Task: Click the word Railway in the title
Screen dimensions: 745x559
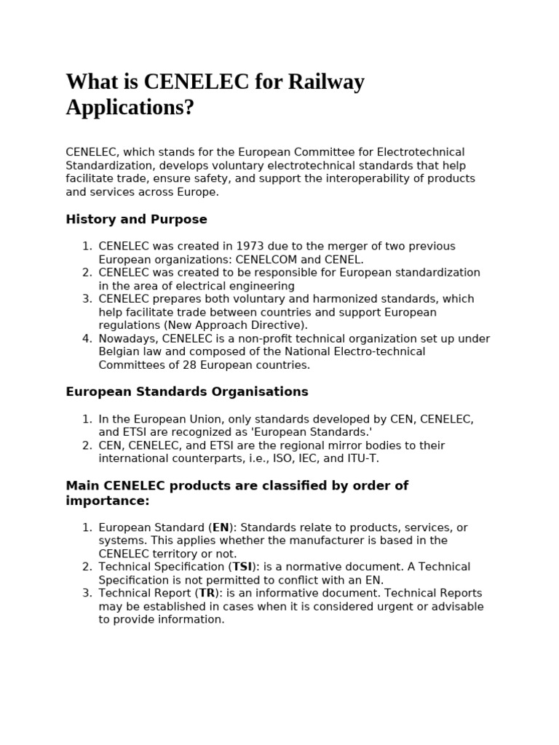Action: tap(326, 82)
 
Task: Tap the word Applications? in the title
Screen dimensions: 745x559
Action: tap(130, 108)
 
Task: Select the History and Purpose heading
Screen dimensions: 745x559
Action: tap(136, 219)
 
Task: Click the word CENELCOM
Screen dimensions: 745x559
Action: tap(276, 260)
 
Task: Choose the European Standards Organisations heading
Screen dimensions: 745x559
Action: tap(187, 391)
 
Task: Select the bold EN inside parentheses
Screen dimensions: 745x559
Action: tap(221, 527)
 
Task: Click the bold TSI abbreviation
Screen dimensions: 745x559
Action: tap(242, 567)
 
